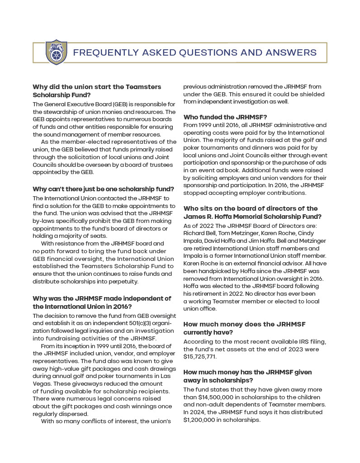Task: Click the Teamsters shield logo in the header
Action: [x=57, y=52]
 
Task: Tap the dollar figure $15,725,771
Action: [x=200, y=356]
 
